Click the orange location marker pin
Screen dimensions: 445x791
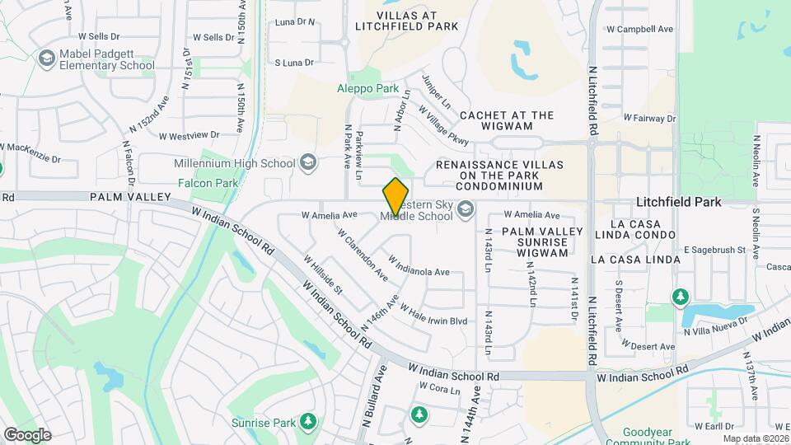[395, 197]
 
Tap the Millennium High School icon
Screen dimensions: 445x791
[308, 162]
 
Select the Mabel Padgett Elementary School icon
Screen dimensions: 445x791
[45, 58]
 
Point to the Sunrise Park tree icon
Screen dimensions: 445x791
[308, 423]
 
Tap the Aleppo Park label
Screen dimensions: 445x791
[368, 89]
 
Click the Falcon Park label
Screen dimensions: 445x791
[208, 183]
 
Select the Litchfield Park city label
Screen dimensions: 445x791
[679, 202]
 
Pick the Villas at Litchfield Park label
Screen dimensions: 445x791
[406, 21]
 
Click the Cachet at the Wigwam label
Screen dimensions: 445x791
[507, 122]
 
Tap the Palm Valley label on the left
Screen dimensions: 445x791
[129, 198]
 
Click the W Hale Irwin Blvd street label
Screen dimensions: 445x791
[433, 313]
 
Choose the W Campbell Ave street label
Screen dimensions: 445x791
[639, 29]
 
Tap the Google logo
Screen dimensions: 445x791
[27, 435]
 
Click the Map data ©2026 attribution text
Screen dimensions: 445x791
[755, 438]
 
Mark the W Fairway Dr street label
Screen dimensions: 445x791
[649, 119]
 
